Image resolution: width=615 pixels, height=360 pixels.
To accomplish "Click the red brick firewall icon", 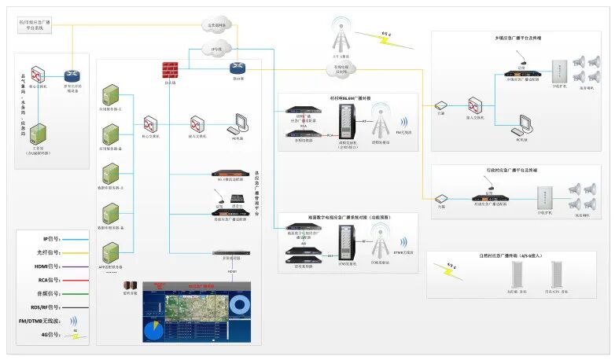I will coord(170,70).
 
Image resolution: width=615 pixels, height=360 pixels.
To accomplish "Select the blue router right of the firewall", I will coord(236,69).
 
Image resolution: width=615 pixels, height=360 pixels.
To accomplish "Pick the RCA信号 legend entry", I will coord(53,279).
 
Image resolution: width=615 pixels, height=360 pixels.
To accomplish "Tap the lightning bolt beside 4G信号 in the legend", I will coord(76,336).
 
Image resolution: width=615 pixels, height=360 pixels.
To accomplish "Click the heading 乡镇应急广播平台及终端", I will coord(517,38).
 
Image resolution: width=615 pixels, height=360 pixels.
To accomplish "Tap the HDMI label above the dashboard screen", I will coord(233,271).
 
